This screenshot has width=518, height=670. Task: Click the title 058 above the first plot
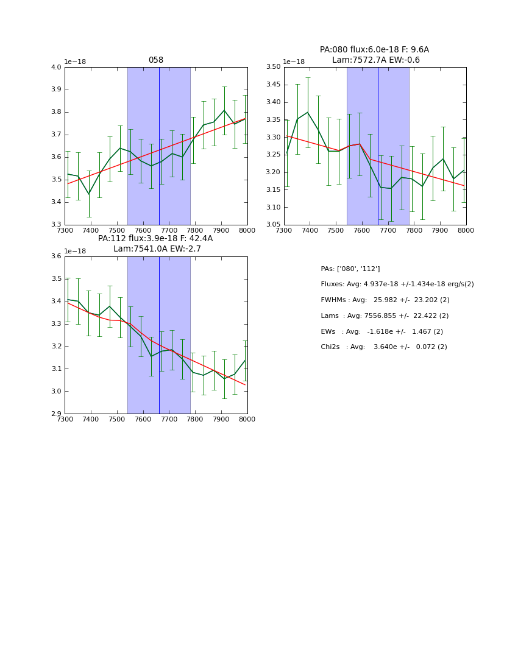click(156, 60)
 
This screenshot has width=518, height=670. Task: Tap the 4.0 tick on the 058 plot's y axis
click(56, 68)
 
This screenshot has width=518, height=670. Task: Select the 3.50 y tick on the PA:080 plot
click(273, 68)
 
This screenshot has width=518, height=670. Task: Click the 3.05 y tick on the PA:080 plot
click(273, 225)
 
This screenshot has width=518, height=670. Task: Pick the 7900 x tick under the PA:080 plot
click(440, 230)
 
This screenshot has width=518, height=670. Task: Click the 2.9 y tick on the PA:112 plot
click(56, 414)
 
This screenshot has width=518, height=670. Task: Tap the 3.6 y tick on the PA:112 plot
click(56, 256)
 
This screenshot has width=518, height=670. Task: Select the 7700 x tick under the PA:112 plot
click(169, 419)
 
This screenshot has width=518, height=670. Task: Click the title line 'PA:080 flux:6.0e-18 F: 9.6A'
click(374, 50)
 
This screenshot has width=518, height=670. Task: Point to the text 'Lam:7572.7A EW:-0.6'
click(375, 60)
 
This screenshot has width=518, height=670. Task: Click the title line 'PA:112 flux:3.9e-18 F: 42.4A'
click(155, 239)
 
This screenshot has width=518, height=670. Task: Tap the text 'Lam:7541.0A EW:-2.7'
click(157, 249)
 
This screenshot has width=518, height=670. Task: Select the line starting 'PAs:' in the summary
click(350, 269)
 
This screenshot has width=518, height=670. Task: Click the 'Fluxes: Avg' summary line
click(397, 284)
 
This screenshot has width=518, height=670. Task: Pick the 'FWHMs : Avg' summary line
click(385, 300)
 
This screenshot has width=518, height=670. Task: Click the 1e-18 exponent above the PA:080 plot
click(294, 62)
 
